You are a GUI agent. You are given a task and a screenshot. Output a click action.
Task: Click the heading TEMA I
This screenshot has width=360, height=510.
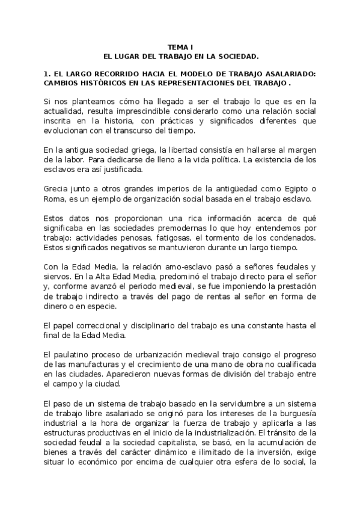(x=180, y=47)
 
